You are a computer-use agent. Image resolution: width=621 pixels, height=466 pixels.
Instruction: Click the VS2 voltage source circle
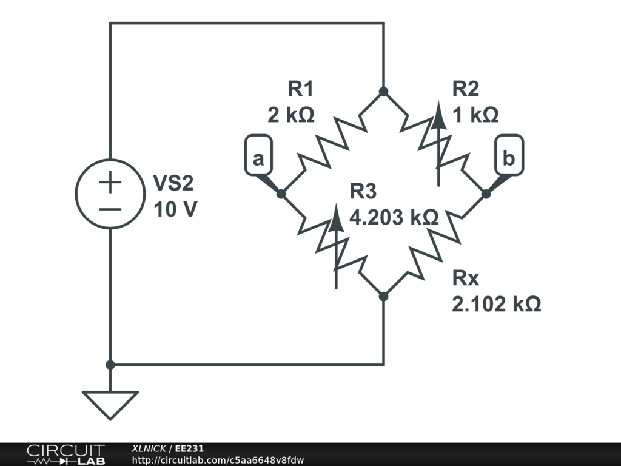tap(110, 194)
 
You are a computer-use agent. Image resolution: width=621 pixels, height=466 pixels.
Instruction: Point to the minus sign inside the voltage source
tap(110, 209)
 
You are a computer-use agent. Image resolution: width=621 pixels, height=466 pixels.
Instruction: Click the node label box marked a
tap(258, 160)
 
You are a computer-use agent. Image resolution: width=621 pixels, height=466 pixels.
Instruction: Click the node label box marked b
tap(509, 160)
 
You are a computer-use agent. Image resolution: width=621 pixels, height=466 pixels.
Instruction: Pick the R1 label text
tap(300, 89)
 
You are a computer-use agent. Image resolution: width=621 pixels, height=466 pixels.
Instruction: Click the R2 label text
tap(466, 89)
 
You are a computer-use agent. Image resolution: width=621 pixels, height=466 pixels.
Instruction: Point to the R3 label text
tap(363, 192)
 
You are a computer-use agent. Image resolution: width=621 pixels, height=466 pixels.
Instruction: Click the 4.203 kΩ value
tap(394, 217)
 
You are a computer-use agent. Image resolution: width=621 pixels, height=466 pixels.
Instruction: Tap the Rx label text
tap(466, 279)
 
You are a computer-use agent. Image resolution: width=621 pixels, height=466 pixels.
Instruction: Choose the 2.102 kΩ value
tap(496, 304)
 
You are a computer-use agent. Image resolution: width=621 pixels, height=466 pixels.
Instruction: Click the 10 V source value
tap(175, 210)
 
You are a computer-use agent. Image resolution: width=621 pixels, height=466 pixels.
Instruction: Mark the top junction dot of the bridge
tap(383, 92)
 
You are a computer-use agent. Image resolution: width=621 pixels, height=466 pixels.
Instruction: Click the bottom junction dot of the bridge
tap(383, 296)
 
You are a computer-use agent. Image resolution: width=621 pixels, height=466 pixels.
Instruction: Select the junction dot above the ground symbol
tap(110, 365)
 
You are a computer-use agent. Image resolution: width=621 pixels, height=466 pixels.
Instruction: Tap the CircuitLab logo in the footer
tap(65, 454)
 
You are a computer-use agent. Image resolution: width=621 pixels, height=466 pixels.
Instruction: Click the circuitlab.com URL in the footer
tap(218, 460)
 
